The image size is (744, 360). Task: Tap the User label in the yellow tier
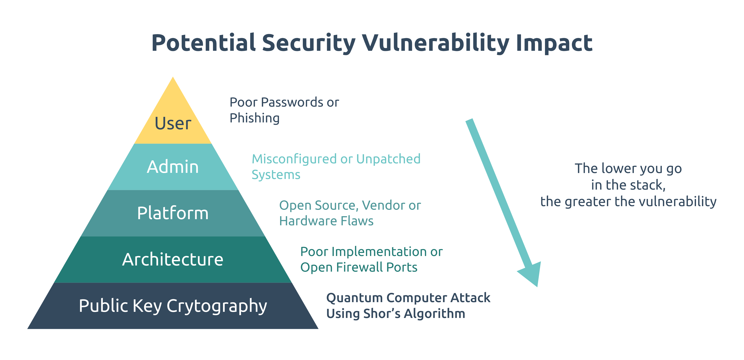click(x=173, y=123)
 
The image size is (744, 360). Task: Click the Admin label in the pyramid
click(x=173, y=167)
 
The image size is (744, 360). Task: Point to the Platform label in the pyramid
click(x=173, y=213)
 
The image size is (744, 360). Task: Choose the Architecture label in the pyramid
click(x=173, y=260)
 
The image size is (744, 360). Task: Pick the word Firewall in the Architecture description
click(x=360, y=267)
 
